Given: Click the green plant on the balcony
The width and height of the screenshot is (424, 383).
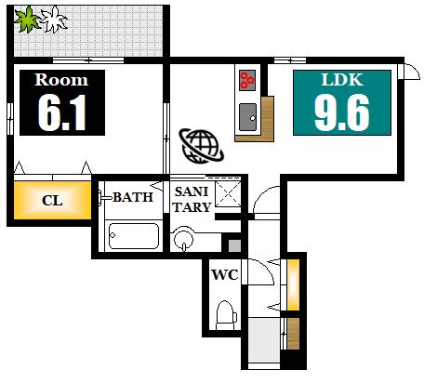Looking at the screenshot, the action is [x=27, y=20].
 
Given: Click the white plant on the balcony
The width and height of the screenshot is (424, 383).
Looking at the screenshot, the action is [x=54, y=20].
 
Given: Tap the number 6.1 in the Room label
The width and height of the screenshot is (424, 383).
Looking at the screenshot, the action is [x=62, y=113].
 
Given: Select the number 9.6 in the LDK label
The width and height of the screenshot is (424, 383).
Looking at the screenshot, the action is [x=342, y=113].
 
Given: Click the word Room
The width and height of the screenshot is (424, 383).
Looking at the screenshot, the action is [x=61, y=80].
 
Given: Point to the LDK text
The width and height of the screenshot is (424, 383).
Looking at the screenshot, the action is [x=342, y=80].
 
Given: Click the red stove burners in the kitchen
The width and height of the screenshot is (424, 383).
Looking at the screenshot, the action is [x=247, y=80].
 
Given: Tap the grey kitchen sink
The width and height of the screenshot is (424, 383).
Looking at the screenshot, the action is [x=248, y=117].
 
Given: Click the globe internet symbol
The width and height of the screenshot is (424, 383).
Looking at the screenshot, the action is [x=201, y=146].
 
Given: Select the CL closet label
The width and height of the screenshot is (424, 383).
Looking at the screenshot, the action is [x=52, y=201].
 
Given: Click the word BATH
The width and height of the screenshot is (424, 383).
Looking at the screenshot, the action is [x=133, y=197].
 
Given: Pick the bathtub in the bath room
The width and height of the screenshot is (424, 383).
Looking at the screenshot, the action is [x=134, y=236].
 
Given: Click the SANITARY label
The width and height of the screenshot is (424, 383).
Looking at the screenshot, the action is [x=192, y=199].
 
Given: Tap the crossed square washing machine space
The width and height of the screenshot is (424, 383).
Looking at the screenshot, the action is [x=228, y=194].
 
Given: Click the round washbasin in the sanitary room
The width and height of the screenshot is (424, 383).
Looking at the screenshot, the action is [x=184, y=239].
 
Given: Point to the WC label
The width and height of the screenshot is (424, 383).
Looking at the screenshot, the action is [x=225, y=274].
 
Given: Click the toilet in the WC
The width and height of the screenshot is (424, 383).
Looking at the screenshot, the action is [x=226, y=314].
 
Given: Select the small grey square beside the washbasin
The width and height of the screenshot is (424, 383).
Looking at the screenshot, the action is [x=234, y=245].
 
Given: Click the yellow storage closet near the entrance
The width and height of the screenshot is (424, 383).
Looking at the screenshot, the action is [x=293, y=284].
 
